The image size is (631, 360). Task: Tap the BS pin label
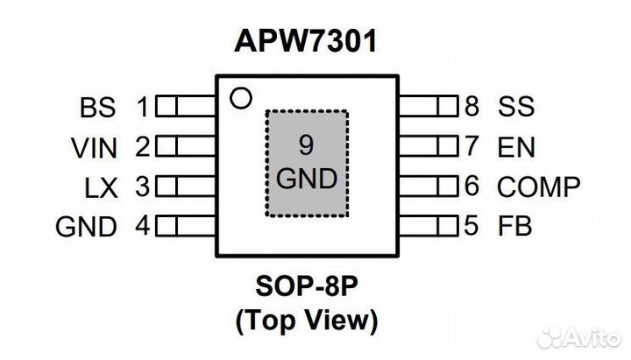96,108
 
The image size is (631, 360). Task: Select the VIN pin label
94,148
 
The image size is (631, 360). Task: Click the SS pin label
516,108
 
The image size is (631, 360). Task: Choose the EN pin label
516,147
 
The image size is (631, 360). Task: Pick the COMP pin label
539,187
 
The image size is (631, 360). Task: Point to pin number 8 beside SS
471,108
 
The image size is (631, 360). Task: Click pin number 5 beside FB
471,227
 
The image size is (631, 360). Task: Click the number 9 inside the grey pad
306,145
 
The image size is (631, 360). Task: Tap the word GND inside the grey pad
306,180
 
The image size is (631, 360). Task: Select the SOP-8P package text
307,287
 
